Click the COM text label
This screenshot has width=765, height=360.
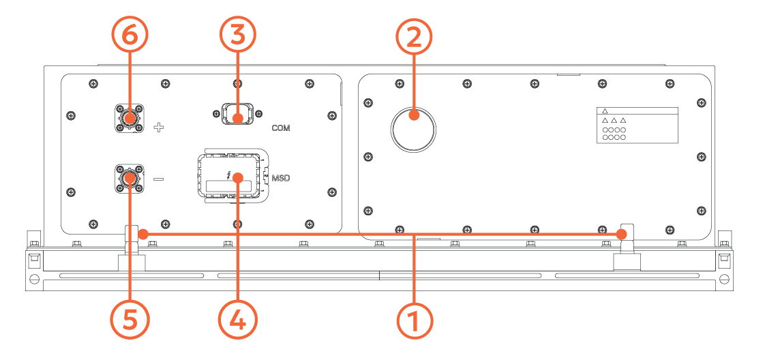pos(281,127)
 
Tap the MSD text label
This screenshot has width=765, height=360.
pos(281,179)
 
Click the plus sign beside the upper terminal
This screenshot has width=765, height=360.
pos(158,127)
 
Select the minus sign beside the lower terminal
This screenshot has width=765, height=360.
pos(158,179)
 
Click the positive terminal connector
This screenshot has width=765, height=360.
pos(129,118)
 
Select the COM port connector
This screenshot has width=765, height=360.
pos(237,115)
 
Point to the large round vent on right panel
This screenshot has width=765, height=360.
pos(414,128)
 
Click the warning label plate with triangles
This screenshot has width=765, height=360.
pos(637,125)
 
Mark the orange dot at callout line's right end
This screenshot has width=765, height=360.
pos(622,234)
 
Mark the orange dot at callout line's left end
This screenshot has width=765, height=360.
pos(142,234)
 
